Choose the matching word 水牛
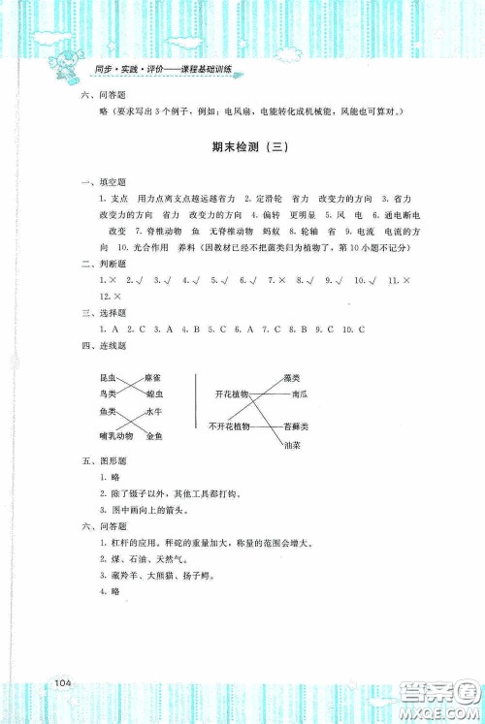pos(154,413)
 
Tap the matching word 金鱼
pos(154,437)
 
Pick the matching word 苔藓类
pos(296,426)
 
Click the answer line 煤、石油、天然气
pos(138,559)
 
